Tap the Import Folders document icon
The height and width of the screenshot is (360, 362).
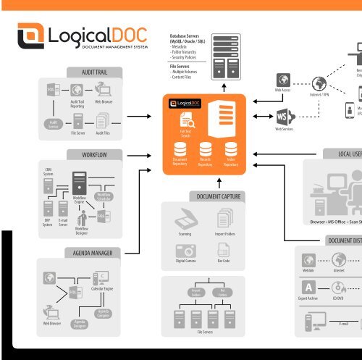coord(223,220)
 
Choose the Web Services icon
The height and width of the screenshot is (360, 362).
coord(283,117)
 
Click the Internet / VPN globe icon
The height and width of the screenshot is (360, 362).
coord(319,83)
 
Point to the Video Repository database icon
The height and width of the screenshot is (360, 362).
coord(231,149)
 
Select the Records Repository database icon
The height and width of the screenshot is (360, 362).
coord(206,149)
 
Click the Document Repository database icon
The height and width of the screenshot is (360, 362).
coord(180,149)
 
